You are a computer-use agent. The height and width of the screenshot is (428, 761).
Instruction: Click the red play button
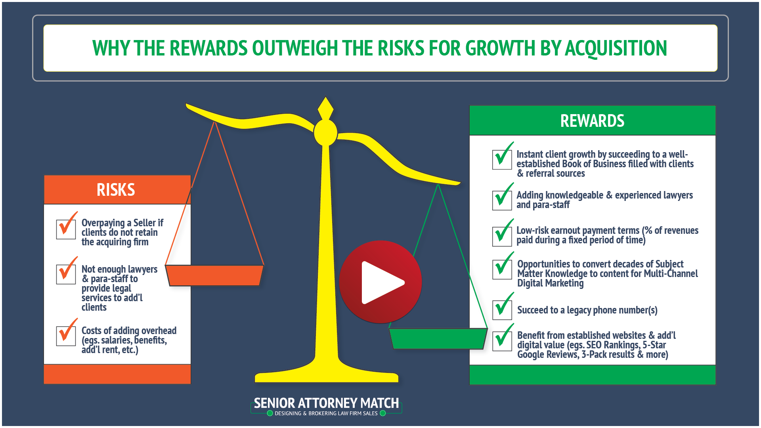380,282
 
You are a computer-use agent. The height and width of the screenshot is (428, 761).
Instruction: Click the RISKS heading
116,190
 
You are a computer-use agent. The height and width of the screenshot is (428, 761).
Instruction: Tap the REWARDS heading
592,121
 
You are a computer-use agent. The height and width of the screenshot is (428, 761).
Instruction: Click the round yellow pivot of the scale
325,133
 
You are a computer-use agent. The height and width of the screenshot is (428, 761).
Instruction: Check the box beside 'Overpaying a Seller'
66,229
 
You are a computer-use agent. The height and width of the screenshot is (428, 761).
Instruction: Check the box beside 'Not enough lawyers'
66,274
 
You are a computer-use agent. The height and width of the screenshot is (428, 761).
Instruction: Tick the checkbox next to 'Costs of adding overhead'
66,336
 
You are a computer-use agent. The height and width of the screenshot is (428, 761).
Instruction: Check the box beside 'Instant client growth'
502,160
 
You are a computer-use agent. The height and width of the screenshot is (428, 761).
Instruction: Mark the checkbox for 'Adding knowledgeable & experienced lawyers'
502,200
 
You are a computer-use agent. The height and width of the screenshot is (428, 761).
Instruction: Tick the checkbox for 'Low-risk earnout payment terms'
502,236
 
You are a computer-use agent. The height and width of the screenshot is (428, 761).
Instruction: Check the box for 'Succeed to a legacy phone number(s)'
502,310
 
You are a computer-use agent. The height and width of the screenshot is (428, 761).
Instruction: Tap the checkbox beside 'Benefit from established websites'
502,341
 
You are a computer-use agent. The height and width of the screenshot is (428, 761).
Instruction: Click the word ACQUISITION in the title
616,48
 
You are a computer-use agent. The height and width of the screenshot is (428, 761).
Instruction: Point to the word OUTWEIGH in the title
296,48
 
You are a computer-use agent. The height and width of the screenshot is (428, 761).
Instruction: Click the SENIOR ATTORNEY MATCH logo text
326,403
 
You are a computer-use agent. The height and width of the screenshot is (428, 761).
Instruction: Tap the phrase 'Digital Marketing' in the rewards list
550,283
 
